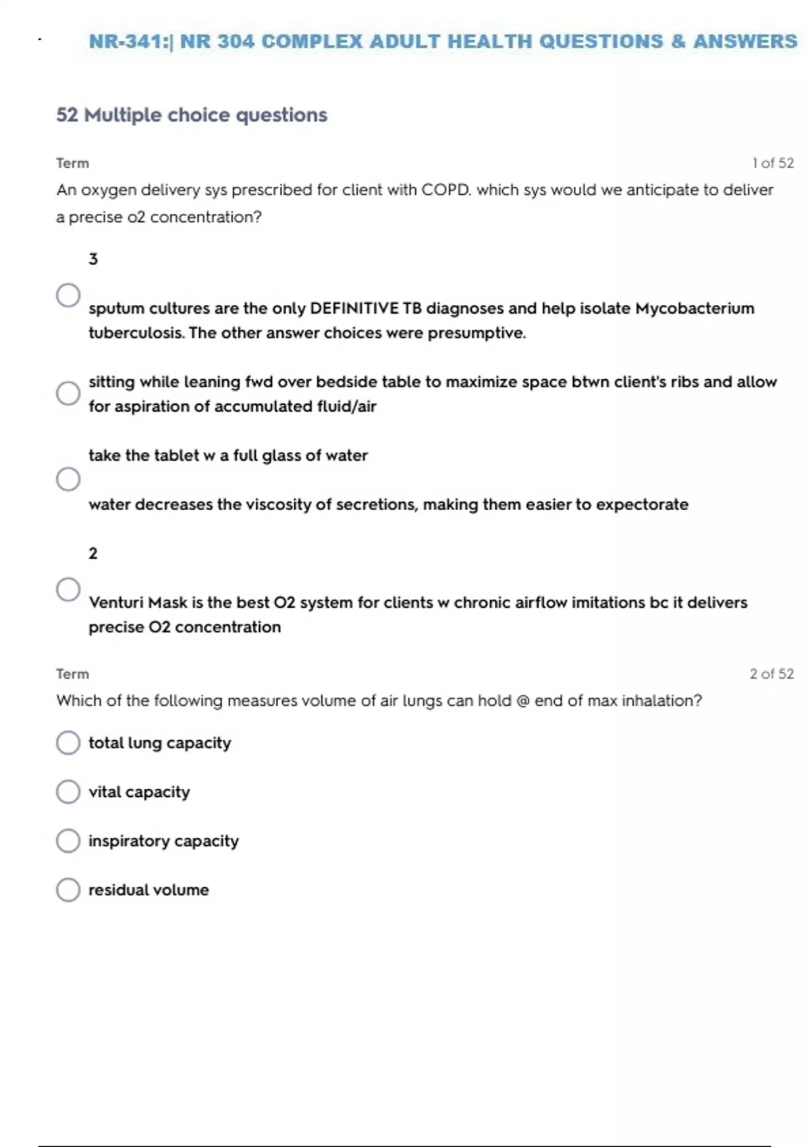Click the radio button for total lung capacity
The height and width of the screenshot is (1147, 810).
click(68, 743)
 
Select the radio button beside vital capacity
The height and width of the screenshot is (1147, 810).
click(68, 792)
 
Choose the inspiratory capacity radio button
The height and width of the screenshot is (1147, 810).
click(68, 841)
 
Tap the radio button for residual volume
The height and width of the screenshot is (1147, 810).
click(68, 890)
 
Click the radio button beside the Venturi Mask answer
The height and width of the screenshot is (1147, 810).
click(68, 590)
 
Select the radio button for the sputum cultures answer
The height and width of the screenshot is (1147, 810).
click(68, 296)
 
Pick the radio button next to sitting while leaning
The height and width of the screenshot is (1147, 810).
click(68, 393)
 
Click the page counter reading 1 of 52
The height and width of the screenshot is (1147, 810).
click(773, 163)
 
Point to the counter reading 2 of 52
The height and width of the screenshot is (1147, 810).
click(772, 674)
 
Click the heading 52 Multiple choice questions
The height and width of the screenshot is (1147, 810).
click(192, 115)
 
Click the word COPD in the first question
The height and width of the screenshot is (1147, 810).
click(446, 190)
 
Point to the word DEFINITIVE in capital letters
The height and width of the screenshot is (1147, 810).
click(354, 308)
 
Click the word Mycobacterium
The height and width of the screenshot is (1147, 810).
click(695, 308)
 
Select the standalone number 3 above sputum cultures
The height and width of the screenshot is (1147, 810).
click(93, 259)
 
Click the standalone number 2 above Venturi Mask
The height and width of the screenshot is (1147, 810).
click(93, 553)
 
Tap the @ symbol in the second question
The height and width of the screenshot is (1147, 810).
click(522, 701)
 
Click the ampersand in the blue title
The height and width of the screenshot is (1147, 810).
click(678, 42)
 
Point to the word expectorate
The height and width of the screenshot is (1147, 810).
click(642, 505)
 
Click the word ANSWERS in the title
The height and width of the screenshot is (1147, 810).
click(745, 42)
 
